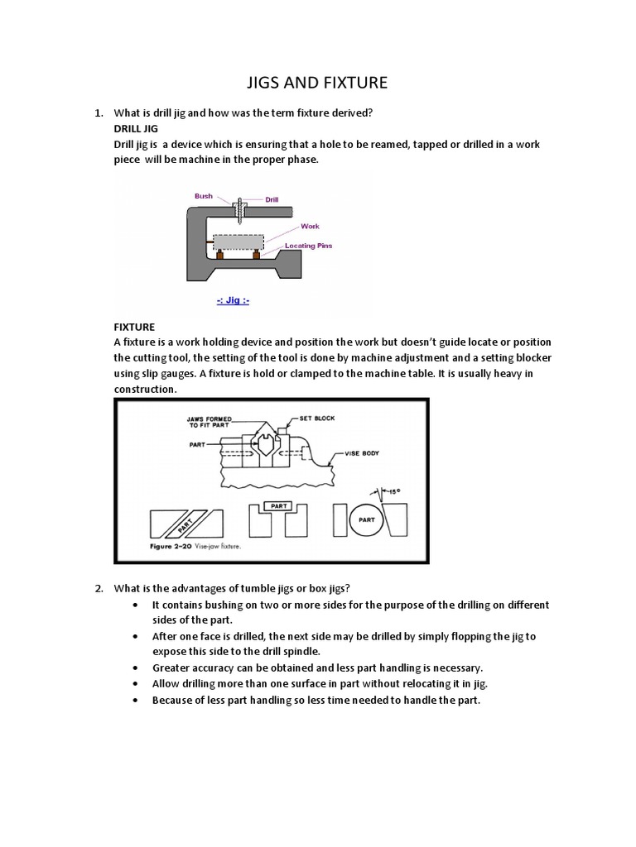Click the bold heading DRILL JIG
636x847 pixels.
pos(135,130)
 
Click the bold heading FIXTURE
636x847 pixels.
pos(134,328)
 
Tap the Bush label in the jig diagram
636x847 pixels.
pos(204,197)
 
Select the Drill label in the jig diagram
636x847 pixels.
pos(272,199)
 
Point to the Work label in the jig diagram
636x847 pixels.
pos(310,226)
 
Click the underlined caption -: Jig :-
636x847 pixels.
pos(233,300)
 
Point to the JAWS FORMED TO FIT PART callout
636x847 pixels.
pos(210,422)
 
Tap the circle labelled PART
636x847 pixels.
pos(366,520)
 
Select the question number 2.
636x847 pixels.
pos(98,588)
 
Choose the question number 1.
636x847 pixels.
pos(98,112)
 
